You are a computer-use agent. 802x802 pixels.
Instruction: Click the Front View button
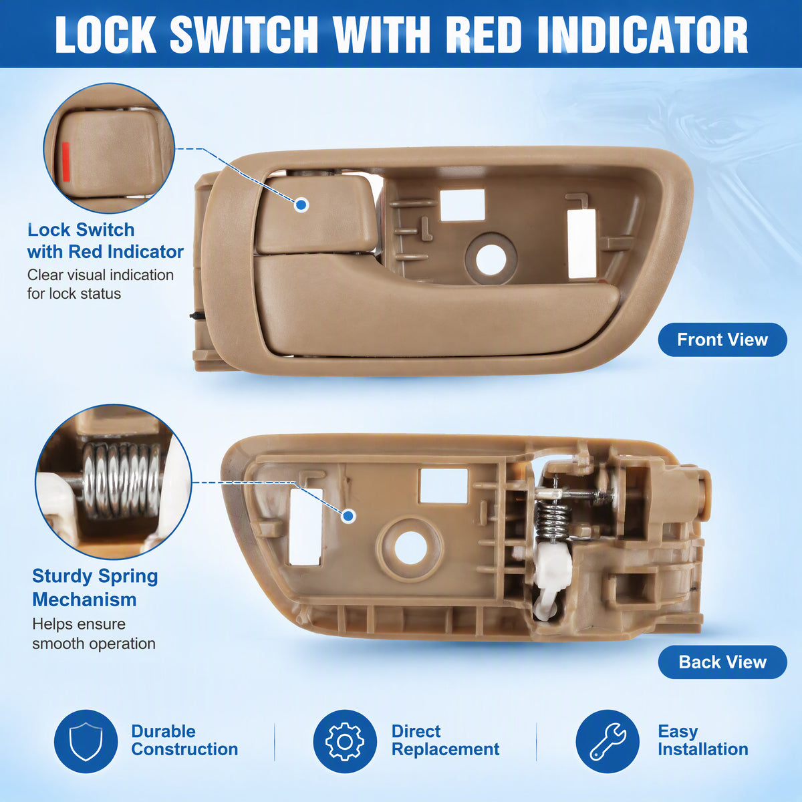pos(722,340)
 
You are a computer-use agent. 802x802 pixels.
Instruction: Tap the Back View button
pos(722,662)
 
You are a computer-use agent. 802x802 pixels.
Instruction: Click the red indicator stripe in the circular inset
pos(65,162)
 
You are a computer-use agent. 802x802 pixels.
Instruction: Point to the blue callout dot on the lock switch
pos(301,205)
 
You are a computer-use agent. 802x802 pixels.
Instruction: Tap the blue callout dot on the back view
pos(348,516)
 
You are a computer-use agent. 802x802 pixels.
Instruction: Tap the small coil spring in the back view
pos(552,521)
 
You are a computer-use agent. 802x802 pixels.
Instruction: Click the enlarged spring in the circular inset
pos(122,481)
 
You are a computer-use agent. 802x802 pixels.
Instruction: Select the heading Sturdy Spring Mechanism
pos(95,588)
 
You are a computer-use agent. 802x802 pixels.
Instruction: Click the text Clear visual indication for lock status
pos(100,284)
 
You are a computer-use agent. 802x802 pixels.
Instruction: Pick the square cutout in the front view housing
pos(462,205)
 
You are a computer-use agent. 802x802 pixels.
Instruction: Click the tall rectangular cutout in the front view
pos(582,243)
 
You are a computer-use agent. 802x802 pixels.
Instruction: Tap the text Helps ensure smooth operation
pos(94,634)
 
